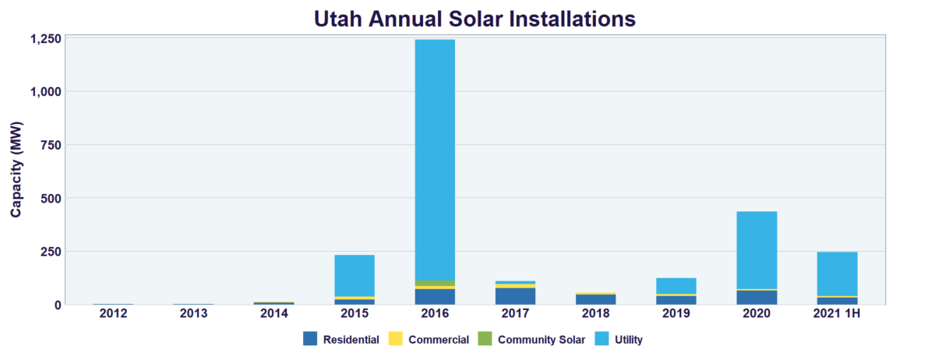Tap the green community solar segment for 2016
435,283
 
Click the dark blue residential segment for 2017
515,296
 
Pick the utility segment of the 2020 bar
757,249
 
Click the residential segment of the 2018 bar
596,299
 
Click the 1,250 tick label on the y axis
45,38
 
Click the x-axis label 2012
113,313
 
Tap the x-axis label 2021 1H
837,313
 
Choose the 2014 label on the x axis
274,313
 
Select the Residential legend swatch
310,339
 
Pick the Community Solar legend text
541,340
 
